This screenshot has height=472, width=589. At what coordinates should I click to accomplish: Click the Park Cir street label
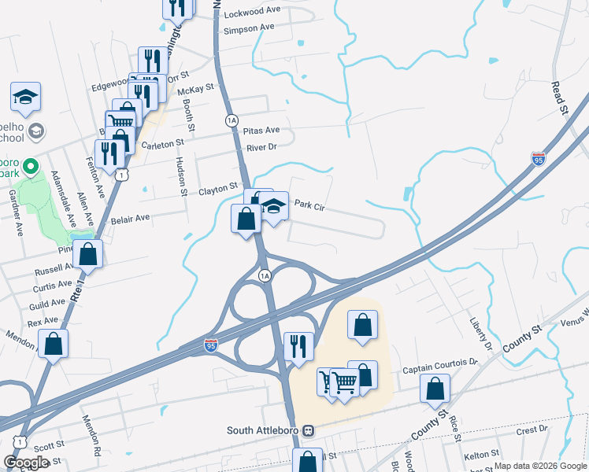click(x=309, y=205)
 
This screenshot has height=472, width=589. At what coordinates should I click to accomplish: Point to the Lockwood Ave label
click(x=252, y=14)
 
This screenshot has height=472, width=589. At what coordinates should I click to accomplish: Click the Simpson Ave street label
click(x=249, y=28)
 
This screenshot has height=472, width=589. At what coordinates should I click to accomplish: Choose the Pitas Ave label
click(x=261, y=130)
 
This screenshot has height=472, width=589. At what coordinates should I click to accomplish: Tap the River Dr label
click(x=261, y=147)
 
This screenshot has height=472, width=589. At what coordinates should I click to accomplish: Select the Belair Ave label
click(x=130, y=218)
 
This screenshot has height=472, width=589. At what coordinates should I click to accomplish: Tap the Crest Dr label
click(x=532, y=430)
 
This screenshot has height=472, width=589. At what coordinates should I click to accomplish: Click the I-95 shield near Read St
click(x=539, y=160)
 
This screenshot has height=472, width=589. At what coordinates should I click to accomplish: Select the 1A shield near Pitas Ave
click(x=231, y=120)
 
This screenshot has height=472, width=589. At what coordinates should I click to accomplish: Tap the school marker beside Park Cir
click(x=273, y=208)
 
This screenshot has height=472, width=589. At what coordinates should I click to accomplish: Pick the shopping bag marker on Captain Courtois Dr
click(x=435, y=389)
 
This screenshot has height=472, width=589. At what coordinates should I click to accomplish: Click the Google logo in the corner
click(x=26, y=463)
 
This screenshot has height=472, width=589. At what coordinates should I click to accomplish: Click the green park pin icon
click(x=30, y=167)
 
